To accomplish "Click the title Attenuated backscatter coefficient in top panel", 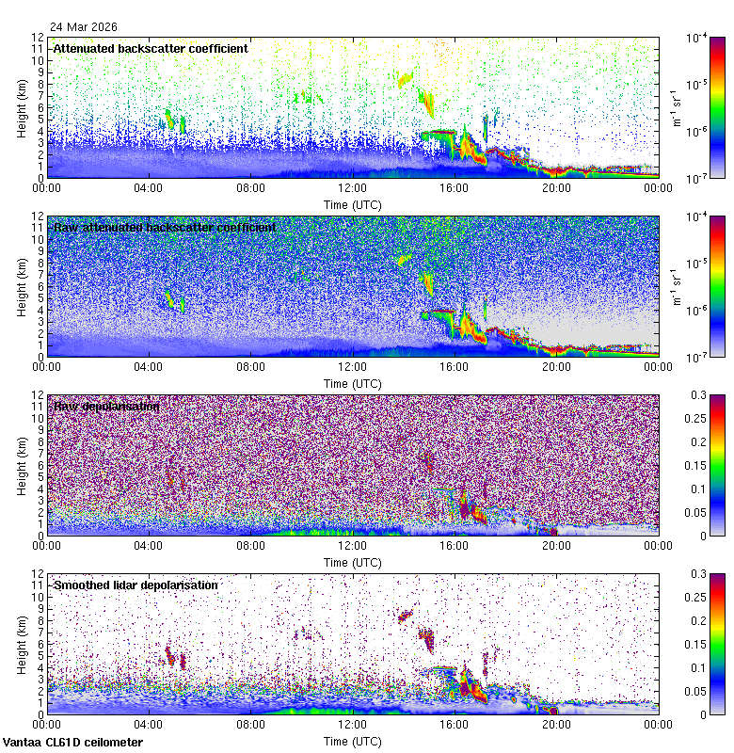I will pos(151,48).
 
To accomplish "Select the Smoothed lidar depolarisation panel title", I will pos(136,585).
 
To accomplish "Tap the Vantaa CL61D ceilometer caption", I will pos(73,743).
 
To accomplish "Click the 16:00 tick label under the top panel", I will pos(455,187).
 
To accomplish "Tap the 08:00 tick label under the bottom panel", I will pos(251,724).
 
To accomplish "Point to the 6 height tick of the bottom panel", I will pos(39,644).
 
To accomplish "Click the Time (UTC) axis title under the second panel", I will pos(353,383).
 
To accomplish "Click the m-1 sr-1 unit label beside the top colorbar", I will pos(675,107).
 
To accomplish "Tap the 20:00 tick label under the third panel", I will pos(556,545).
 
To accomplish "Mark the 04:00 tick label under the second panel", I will pos(150,366).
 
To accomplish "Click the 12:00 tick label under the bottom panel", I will pos(353,724).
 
